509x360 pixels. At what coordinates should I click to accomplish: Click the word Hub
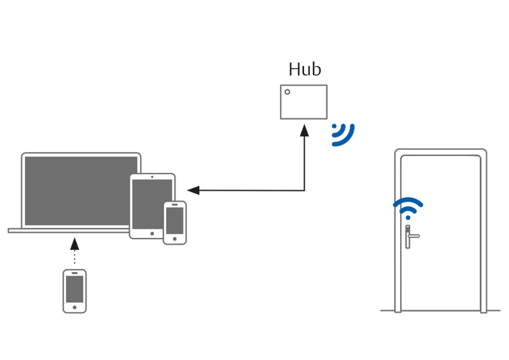pos(305,69)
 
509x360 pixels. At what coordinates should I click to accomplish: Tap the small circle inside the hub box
pos(288,92)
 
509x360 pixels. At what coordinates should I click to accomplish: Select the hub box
pos(304,102)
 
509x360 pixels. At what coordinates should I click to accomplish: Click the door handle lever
pos(413,236)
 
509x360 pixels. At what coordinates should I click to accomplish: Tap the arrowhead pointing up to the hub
pos(305,130)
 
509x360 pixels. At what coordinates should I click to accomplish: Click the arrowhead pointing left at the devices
pos(193,190)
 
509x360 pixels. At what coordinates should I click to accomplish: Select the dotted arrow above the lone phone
pos(74,251)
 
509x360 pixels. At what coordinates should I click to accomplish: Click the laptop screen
pos(81,191)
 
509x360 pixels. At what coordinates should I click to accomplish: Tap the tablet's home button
pos(152,233)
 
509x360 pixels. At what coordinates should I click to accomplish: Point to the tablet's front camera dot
pos(152,177)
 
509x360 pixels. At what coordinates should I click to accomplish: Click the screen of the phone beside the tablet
pos(174,221)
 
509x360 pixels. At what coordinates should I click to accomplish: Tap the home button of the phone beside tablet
pos(174,239)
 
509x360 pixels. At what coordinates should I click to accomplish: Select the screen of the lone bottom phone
pos(74,289)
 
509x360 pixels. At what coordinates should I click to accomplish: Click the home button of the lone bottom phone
pos(74,307)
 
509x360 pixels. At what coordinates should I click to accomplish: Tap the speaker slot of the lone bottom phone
pos(74,273)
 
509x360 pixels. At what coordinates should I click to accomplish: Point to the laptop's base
pos(69,230)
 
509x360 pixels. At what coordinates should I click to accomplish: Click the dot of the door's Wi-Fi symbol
pos(408,218)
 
